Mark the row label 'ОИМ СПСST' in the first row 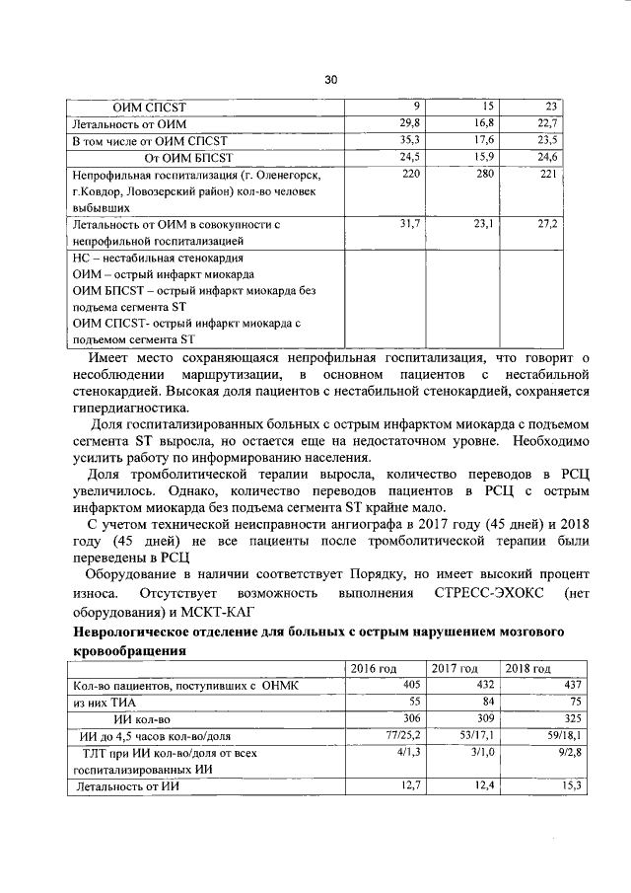pos(150,107)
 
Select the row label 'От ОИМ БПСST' pos(187,157)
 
